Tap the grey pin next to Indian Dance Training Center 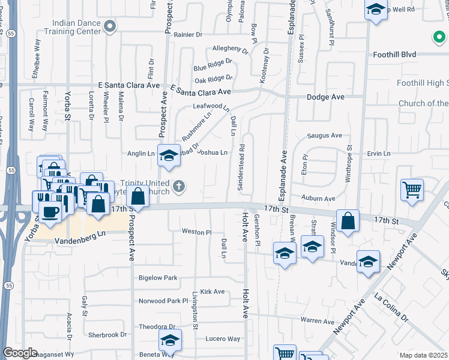click(109, 26)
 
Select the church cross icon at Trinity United click(178, 187)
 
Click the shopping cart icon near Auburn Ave click(412, 190)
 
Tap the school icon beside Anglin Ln click(169, 155)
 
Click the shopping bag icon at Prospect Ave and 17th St click(137, 196)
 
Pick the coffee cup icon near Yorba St click(50, 211)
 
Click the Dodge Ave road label click(325, 97)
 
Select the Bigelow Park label click(158, 278)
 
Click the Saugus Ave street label click(324, 136)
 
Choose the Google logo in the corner click(19, 353)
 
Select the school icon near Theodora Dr click(170, 340)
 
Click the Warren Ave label click(318, 321)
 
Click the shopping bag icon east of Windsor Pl click(348, 221)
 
